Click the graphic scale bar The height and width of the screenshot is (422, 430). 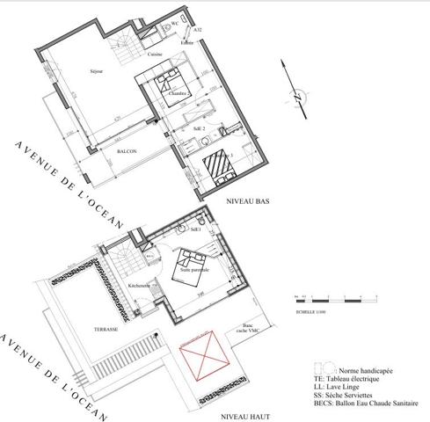(x=330, y=300)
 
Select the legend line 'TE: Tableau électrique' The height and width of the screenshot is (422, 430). (x=351, y=378)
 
